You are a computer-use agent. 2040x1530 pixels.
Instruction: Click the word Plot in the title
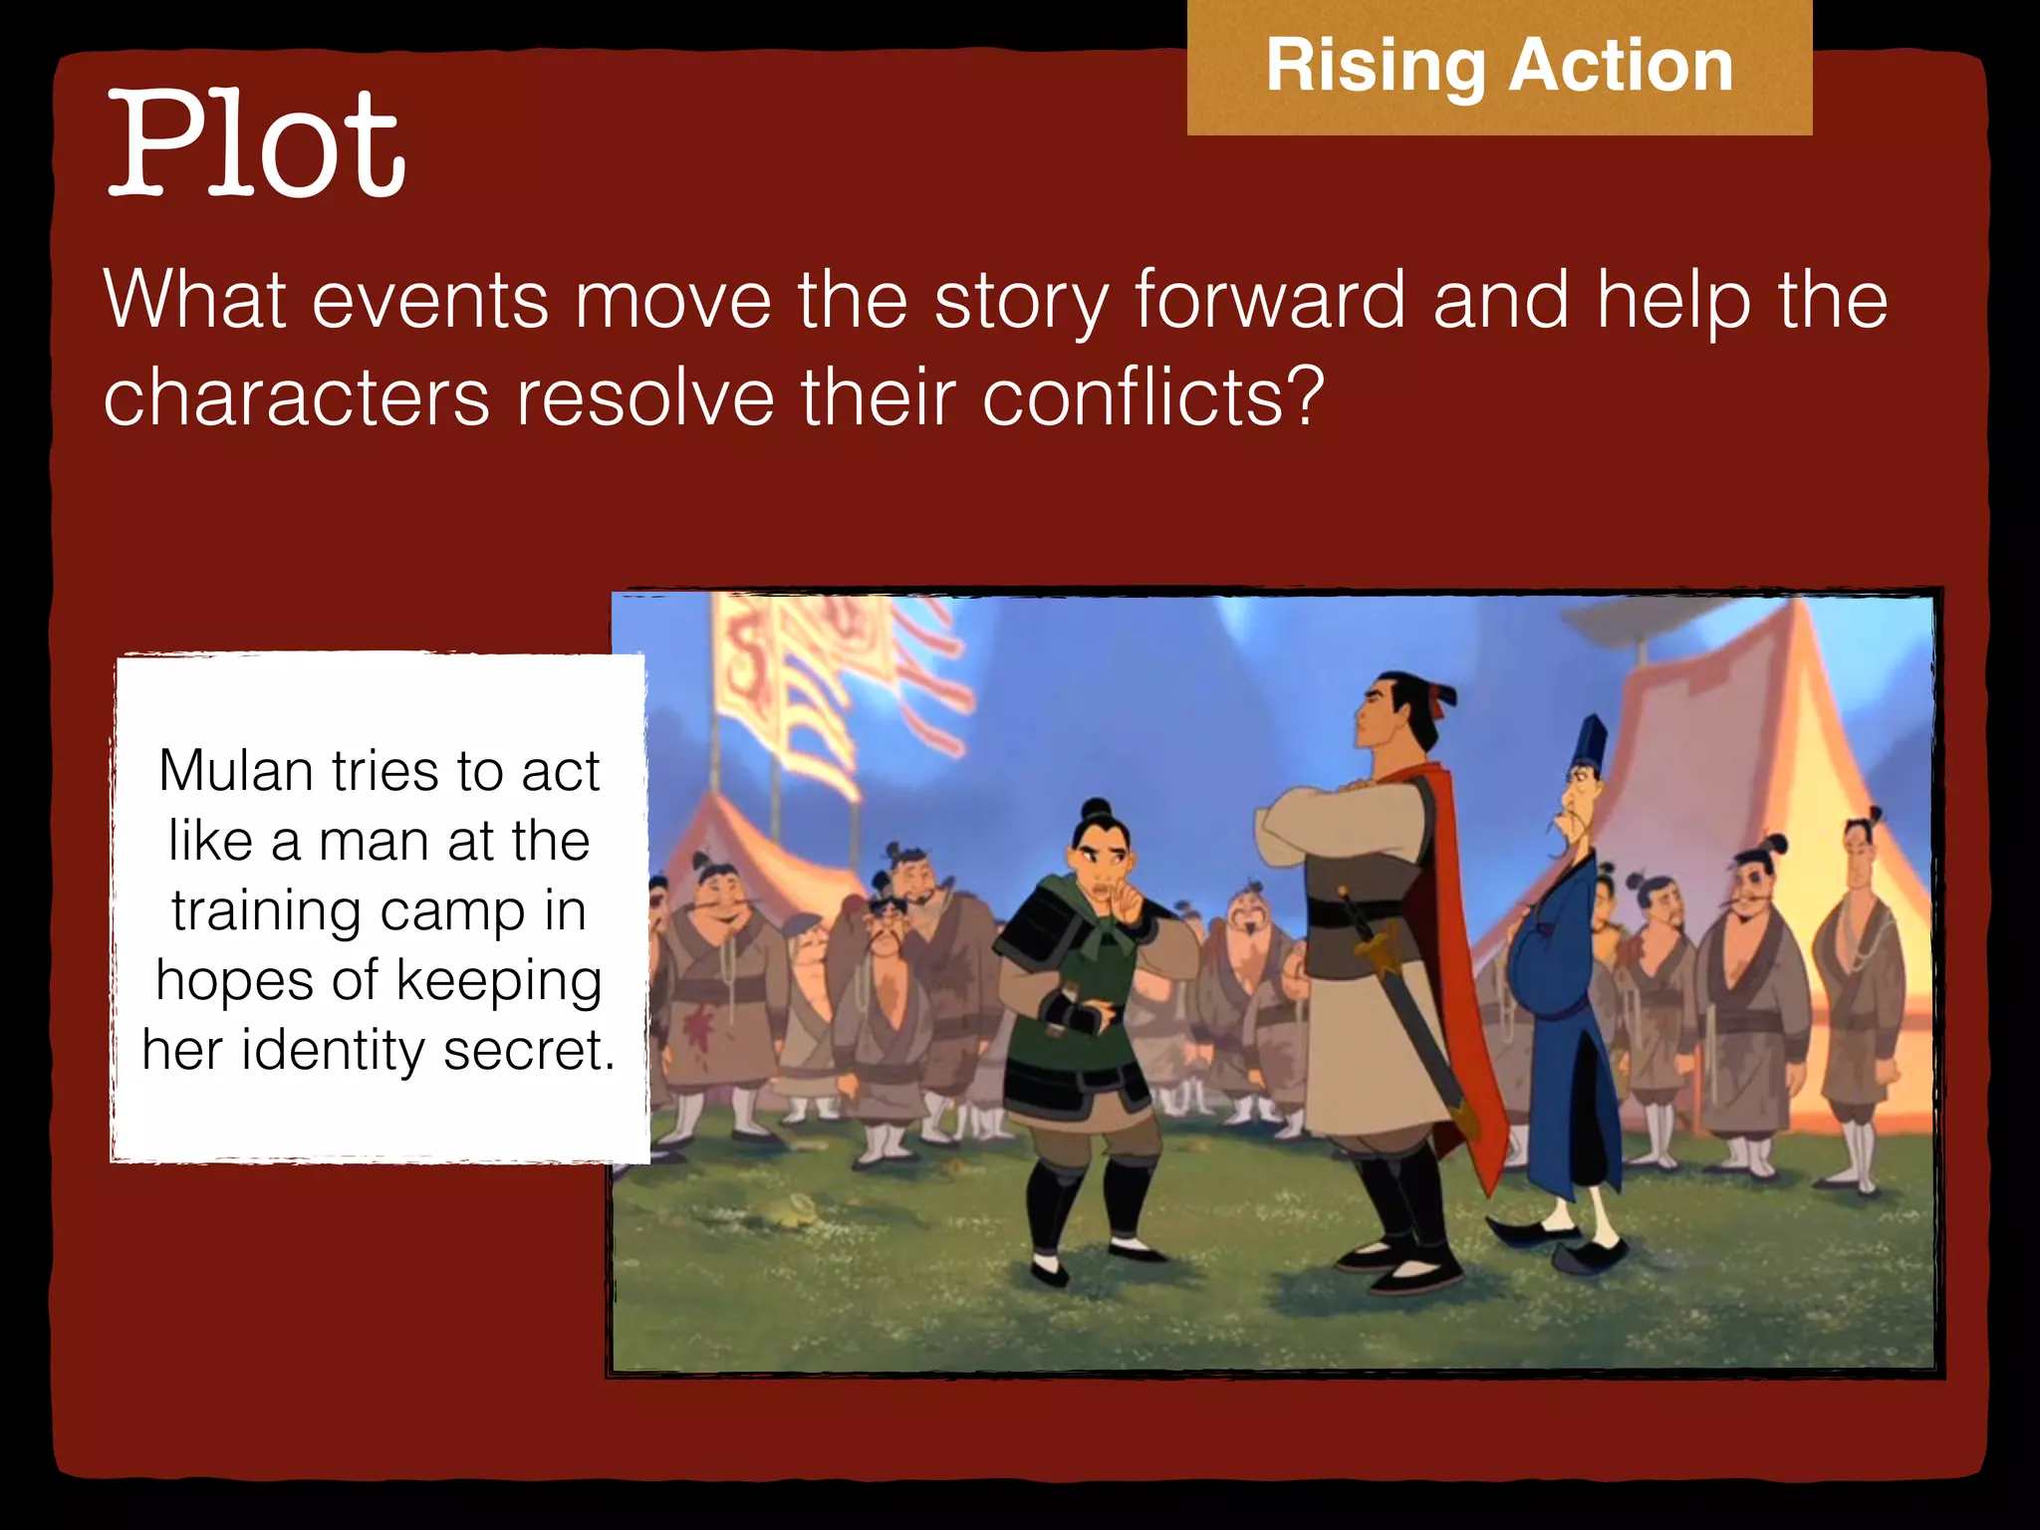(x=256, y=144)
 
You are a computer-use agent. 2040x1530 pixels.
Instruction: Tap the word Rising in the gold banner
(x=1376, y=66)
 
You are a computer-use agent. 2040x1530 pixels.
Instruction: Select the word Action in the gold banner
(x=1622, y=66)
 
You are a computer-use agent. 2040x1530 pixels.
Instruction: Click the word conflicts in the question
(x=1152, y=397)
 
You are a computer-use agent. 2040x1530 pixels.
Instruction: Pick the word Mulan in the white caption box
(x=236, y=771)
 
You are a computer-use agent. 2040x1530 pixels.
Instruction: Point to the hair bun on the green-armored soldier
(x=1097, y=808)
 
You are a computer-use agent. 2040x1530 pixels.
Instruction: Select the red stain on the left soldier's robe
(x=699, y=1023)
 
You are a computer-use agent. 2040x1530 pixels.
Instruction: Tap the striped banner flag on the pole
(x=797, y=687)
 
